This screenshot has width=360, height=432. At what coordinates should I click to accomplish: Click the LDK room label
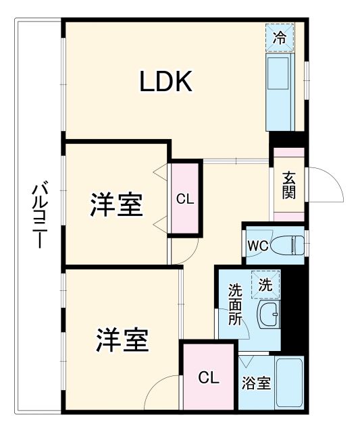click(x=167, y=82)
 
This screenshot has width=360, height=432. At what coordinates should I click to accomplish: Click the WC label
click(x=257, y=245)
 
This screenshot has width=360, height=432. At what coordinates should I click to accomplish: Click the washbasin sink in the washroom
click(x=269, y=315)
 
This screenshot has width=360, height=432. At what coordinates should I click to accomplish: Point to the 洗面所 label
click(x=234, y=305)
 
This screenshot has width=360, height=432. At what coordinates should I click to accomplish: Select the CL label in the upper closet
click(x=185, y=199)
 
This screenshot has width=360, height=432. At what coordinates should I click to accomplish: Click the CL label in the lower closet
click(x=208, y=378)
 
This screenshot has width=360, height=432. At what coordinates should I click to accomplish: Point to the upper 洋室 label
click(x=116, y=206)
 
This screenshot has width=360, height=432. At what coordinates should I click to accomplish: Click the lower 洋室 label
click(x=122, y=340)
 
